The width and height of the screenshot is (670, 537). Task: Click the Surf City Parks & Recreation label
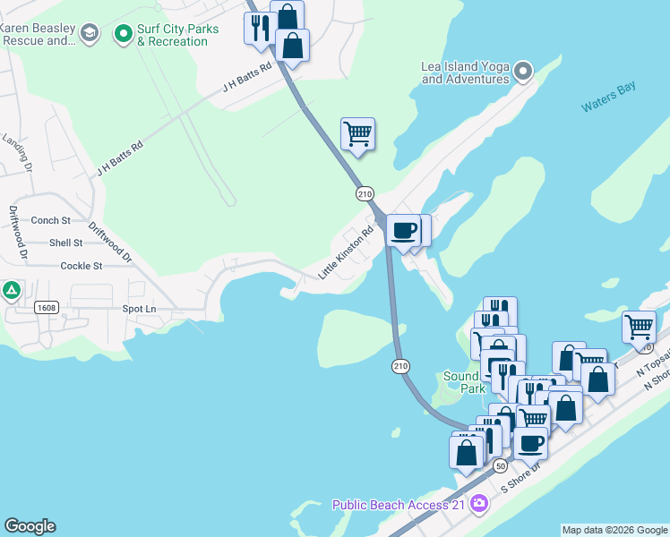coord(177,35)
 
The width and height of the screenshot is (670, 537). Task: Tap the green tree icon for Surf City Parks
coord(124,35)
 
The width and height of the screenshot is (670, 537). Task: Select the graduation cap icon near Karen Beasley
coord(89,35)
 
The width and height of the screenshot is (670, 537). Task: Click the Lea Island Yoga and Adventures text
coord(465,72)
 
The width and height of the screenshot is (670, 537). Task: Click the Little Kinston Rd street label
coord(345,259)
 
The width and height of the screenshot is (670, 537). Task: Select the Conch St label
coord(51,220)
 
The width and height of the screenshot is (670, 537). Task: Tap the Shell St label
coord(66,243)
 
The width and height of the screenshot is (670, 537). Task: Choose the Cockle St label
coord(82,266)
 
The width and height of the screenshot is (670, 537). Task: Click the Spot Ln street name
coord(139,309)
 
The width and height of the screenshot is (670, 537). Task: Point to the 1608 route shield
coord(47,307)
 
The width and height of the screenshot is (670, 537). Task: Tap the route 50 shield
coord(500,466)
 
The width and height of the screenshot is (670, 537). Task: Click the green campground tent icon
coord(11,290)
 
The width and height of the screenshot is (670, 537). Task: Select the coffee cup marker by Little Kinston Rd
coord(403,230)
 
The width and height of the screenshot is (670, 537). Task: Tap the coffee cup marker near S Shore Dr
coord(530,442)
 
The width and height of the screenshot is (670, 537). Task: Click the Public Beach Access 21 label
coord(400,505)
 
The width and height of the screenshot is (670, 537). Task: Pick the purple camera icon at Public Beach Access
coord(479,504)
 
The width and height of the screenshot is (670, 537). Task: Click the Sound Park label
coord(463,382)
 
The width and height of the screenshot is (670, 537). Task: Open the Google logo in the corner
coord(30,526)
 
